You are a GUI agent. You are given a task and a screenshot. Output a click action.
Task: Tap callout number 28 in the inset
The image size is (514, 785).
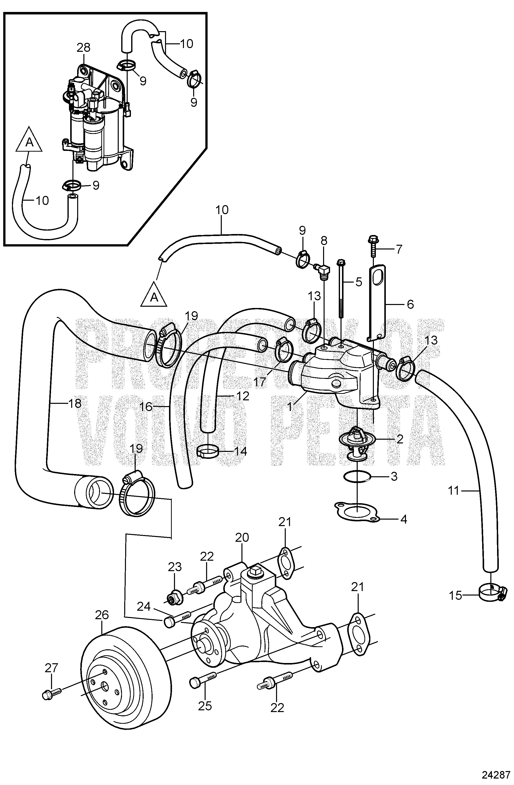pos(83,48)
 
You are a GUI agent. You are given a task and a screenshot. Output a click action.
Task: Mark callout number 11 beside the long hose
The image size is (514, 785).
pos(75,403)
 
